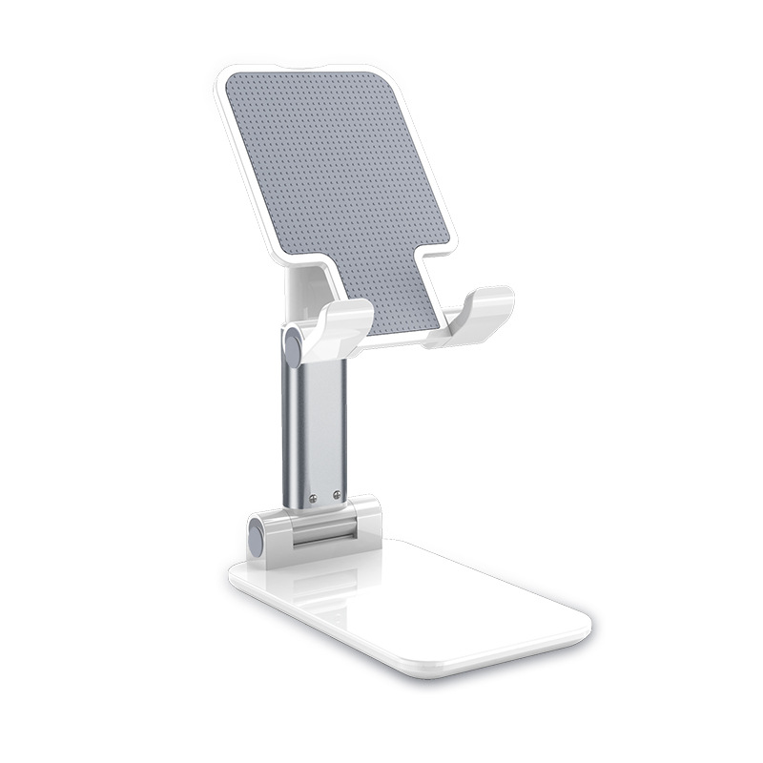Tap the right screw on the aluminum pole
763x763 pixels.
(337, 494)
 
